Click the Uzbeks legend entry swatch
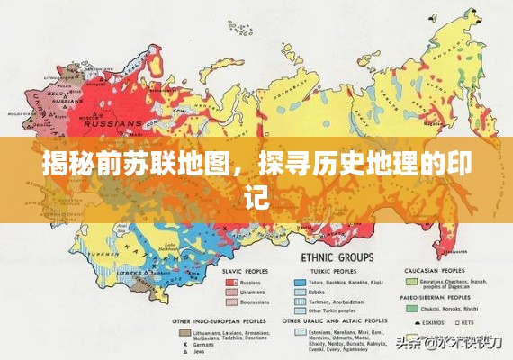pyautogui.click(x=300, y=292)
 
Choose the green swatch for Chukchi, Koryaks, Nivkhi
pyautogui.click(x=412, y=307)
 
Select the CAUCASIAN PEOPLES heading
pyautogui.click(x=433, y=271)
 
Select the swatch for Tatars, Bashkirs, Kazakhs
pyautogui.click(x=300, y=282)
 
